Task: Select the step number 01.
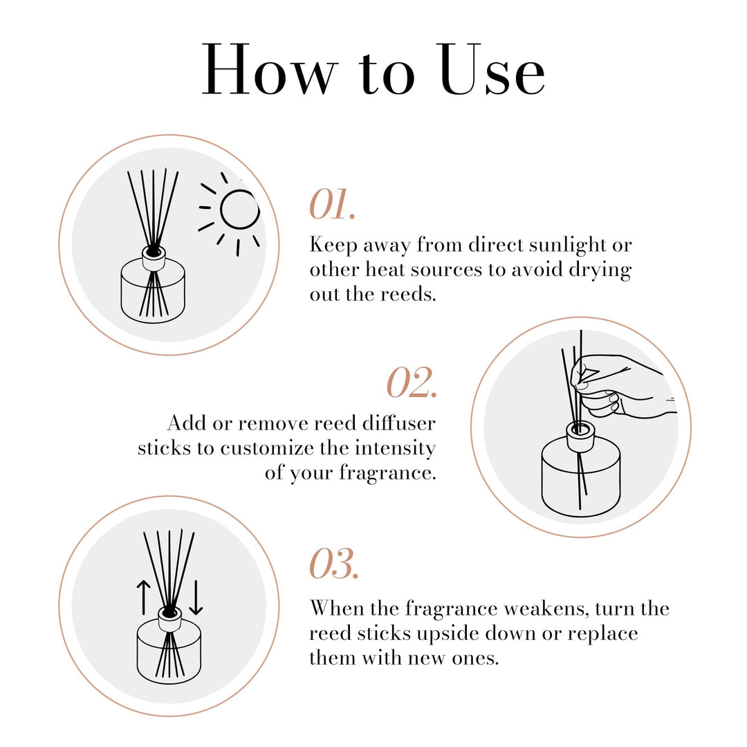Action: coord(333,205)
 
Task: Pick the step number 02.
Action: coord(412,382)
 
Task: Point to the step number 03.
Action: coord(334,563)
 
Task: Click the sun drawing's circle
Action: coord(239,209)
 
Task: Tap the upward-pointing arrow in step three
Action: coord(143,597)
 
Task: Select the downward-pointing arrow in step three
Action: coord(196,597)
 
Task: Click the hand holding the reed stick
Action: coord(622,387)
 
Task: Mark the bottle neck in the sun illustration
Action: coord(154,258)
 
